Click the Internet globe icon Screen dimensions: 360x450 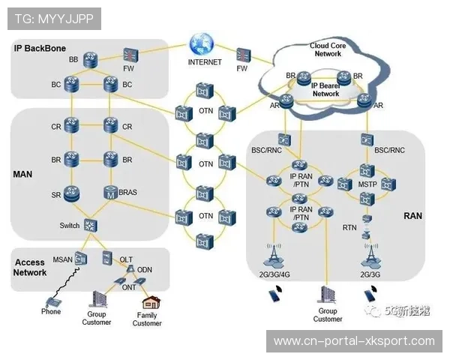[x=203, y=43]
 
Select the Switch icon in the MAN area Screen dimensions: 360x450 [x=91, y=224]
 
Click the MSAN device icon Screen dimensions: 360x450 [x=81, y=259]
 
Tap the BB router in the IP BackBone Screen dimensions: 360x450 [x=91, y=58]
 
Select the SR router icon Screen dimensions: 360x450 [x=72, y=193]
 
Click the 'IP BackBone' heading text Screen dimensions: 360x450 [x=40, y=48]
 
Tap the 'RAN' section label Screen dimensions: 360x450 [x=412, y=215]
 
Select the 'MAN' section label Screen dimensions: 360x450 [x=23, y=174]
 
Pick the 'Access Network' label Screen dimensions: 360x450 [x=30, y=268]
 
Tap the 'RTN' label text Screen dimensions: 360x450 [x=349, y=227]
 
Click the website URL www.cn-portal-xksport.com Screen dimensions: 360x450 [x=354, y=341]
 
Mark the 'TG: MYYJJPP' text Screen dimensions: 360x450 [x=52, y=17]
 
